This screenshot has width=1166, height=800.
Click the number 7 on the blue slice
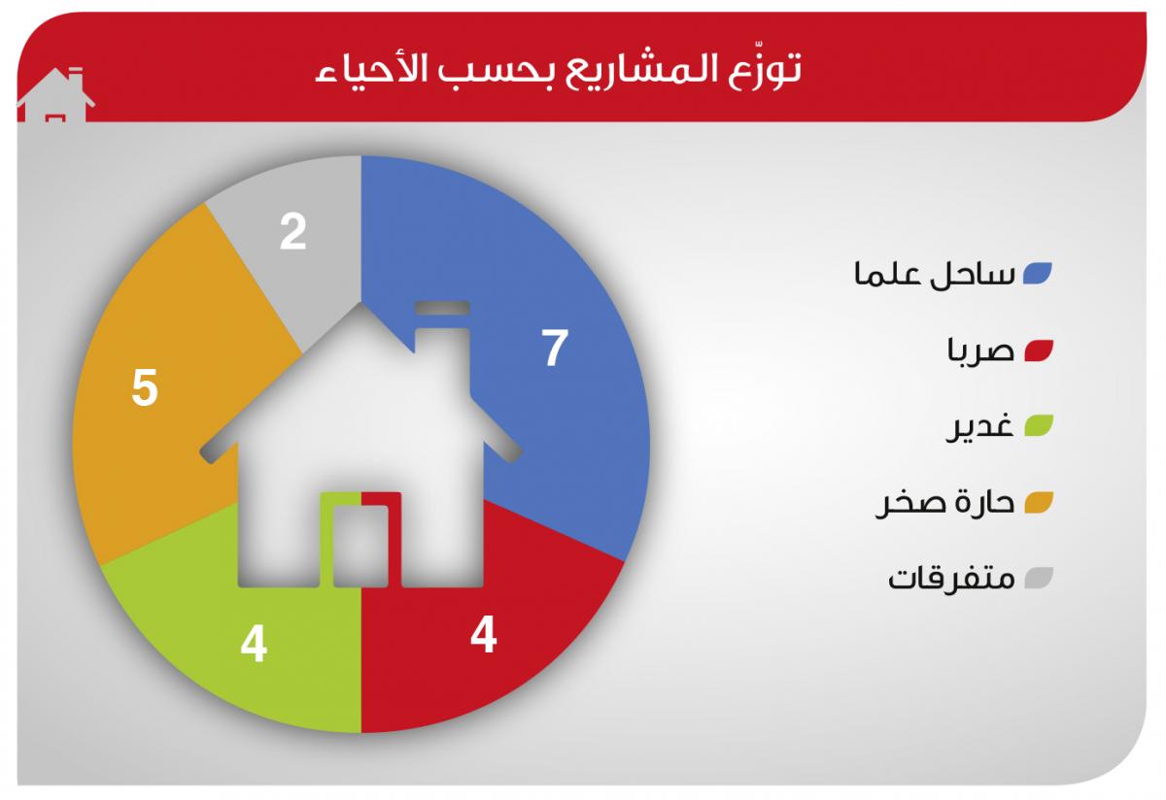coord(555,348)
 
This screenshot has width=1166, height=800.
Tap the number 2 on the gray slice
coord(293,231)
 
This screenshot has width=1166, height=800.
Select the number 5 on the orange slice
coord(144,387)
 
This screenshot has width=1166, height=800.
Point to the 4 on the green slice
coord(254,645)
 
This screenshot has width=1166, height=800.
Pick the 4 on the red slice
coord(484,635)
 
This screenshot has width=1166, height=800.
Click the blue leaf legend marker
coord(1038,274)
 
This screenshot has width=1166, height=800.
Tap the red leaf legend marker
coord(1039,350)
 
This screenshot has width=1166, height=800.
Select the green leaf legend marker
coord(1039,425)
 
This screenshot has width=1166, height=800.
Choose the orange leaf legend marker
coord(1039,503)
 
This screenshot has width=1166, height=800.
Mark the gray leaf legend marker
coord(1039,578)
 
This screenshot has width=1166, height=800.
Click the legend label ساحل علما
coord(935,274)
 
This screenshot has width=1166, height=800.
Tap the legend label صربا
coord(980,350)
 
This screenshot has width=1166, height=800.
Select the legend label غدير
coord(979,426)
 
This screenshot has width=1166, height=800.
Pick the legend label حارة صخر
coord(945,503)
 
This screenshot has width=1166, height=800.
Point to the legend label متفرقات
coord(951,579)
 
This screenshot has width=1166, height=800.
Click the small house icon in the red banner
coord(55,95)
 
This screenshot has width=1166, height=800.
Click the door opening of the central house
coord(360,547)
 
